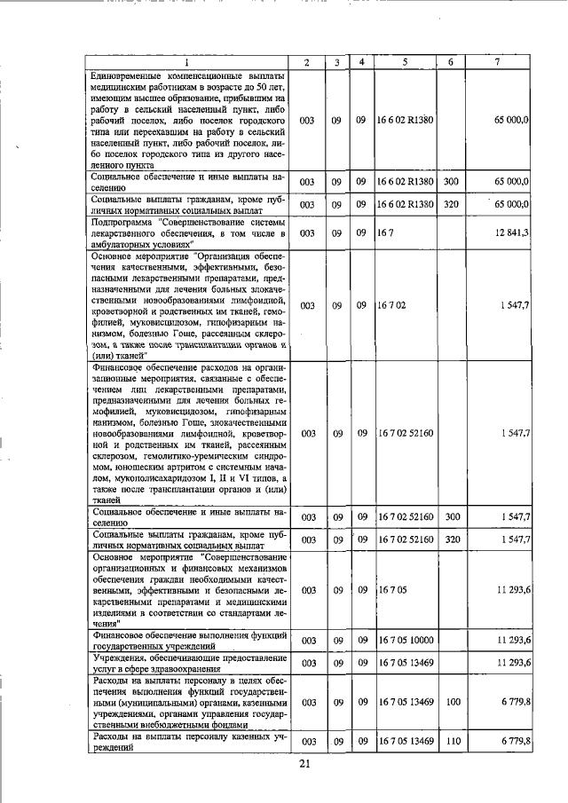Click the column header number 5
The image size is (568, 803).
pos(404,62)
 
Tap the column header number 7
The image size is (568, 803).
pos(501,62)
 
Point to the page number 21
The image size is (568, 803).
pos(304,764)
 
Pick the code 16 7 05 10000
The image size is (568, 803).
pos(406,639)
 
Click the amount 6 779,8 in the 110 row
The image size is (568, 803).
pos(515,741)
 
